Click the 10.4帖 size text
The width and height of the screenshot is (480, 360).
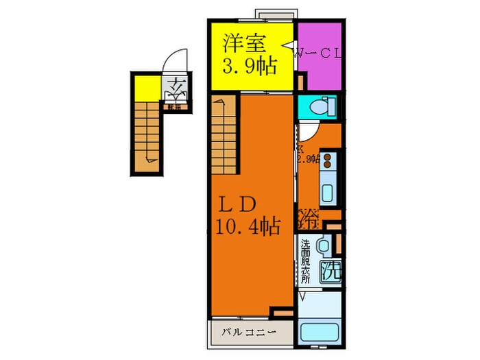(248, 227)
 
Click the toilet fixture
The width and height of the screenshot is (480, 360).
(320, 106)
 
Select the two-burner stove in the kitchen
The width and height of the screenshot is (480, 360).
(328, 160)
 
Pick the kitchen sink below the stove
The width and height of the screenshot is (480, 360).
(328, 191)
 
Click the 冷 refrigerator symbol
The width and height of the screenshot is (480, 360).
(309, 219)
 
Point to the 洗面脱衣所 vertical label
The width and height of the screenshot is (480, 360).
(305, 261)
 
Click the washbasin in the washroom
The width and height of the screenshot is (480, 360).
(324, 243)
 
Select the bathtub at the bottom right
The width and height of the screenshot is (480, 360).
(321, 333)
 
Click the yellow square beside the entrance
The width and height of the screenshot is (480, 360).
(145, 88)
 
